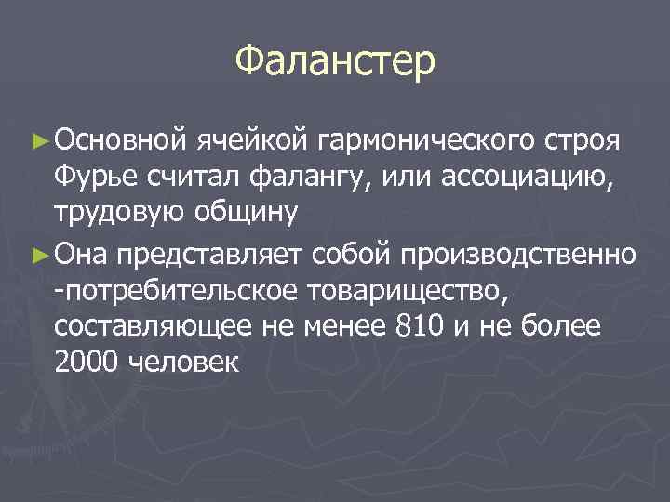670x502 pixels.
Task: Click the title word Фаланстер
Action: pyautogui.click(x=334, y=61)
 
